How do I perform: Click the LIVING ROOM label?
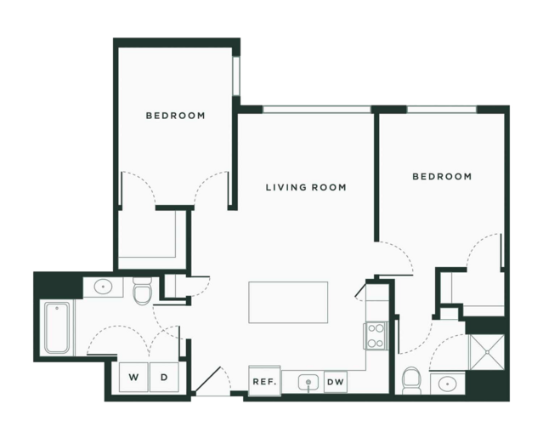pyautogui.click(x=306, y=187)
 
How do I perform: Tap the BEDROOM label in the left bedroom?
pyautogui.click(x=176, y=116)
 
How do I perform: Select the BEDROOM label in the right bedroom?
pyautogui.click(x=442, y=176)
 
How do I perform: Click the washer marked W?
pyautogui.click(x=133, y=377)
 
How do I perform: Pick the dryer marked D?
pyautogui.click(x=164, y=377)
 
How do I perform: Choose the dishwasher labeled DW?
pyautogui.click(x=335, y=382)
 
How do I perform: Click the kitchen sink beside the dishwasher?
pyautogui.click(x=308, y=383)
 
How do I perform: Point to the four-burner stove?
pyautogui.click(x=376, y=335)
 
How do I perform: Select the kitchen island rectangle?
pyautogui.click(x=288, y=302)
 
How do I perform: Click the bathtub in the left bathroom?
pyautogui.click(x=57, y=327)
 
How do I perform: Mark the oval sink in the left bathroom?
pyautogui.click(x=103, y=287)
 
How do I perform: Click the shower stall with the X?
pyautogui.click(x=487, y=352)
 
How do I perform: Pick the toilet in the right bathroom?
pyautogui.click(x=412, y=380)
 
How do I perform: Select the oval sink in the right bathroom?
pyautogui.click(x=448, y=384)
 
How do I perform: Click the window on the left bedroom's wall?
pyautogui.click(x=236, y=76)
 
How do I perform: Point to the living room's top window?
pyautogui.click(x=316, y=110)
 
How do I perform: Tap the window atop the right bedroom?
pyautogui.click(x=442, y=110)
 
